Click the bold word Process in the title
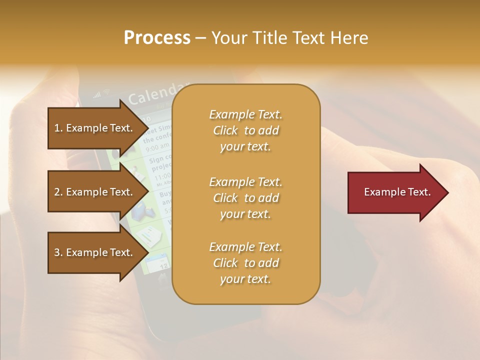157,38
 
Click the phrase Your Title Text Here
289,38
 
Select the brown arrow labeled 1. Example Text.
95,128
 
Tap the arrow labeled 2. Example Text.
95,192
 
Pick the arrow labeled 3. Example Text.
95,252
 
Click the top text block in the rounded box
245,130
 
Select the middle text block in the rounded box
245,198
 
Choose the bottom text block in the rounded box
245,263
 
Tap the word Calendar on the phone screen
158,93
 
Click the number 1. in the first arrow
58,128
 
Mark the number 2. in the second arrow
58,192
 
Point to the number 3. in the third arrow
58,252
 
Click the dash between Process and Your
200,38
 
